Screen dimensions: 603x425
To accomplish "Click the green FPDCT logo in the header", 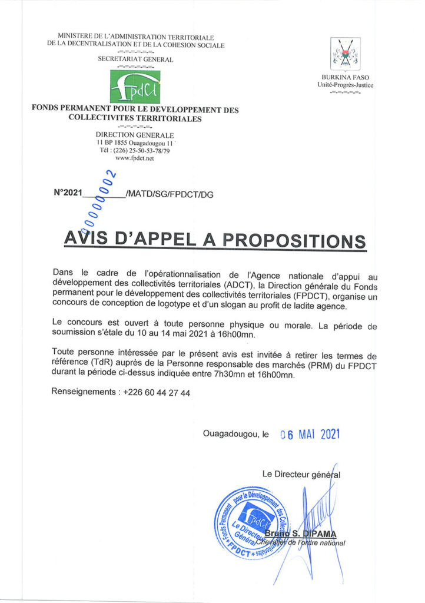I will [135, 86].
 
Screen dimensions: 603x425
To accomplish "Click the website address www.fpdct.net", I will [134, 158].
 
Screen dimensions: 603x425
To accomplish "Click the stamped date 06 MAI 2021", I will [310, 435].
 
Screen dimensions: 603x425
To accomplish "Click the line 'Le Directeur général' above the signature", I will [301, 474].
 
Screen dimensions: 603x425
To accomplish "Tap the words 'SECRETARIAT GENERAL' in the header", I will [135, 59].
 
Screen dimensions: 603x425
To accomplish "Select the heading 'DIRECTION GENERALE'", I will [135, 135].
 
